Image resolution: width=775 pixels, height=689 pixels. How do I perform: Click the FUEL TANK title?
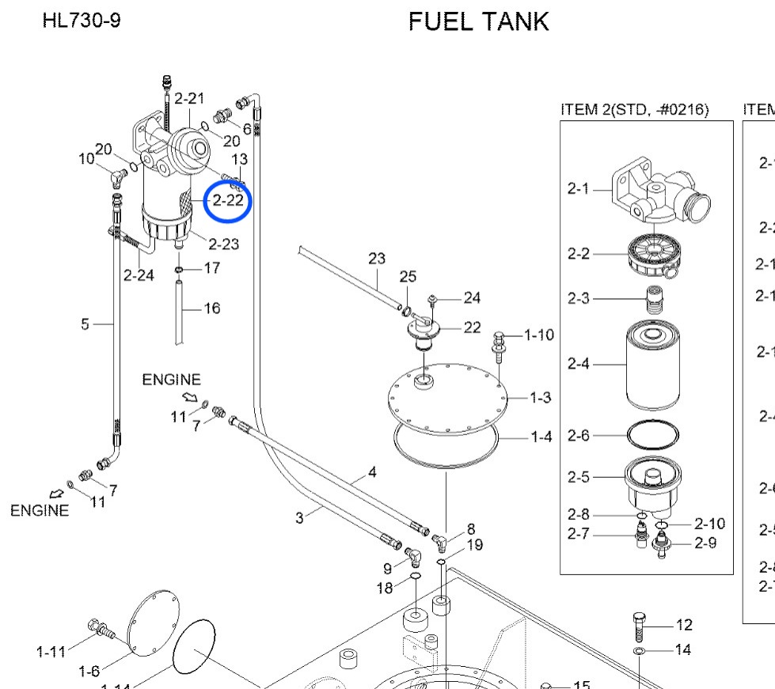click(x=478, y=21)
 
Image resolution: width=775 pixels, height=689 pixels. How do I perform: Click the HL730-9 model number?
click(x=82, y=20)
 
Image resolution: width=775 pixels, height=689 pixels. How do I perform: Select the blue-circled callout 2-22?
click(x=227, y=200)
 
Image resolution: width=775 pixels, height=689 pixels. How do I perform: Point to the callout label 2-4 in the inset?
click(x=579, y=364)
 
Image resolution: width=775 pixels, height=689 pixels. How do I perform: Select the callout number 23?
click(x=377, y=259)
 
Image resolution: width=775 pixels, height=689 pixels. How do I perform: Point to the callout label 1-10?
click(x=539, y=335)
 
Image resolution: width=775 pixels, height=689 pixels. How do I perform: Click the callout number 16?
click(x=211, y=308)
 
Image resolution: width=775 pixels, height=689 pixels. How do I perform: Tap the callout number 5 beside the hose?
click(x=85, y=323)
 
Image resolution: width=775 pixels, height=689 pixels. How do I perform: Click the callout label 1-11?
click(x=51, y=651)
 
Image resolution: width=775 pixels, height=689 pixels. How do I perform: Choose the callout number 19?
click(x=474, y=544)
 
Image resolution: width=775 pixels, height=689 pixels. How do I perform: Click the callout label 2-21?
click(x=189, y=98)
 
